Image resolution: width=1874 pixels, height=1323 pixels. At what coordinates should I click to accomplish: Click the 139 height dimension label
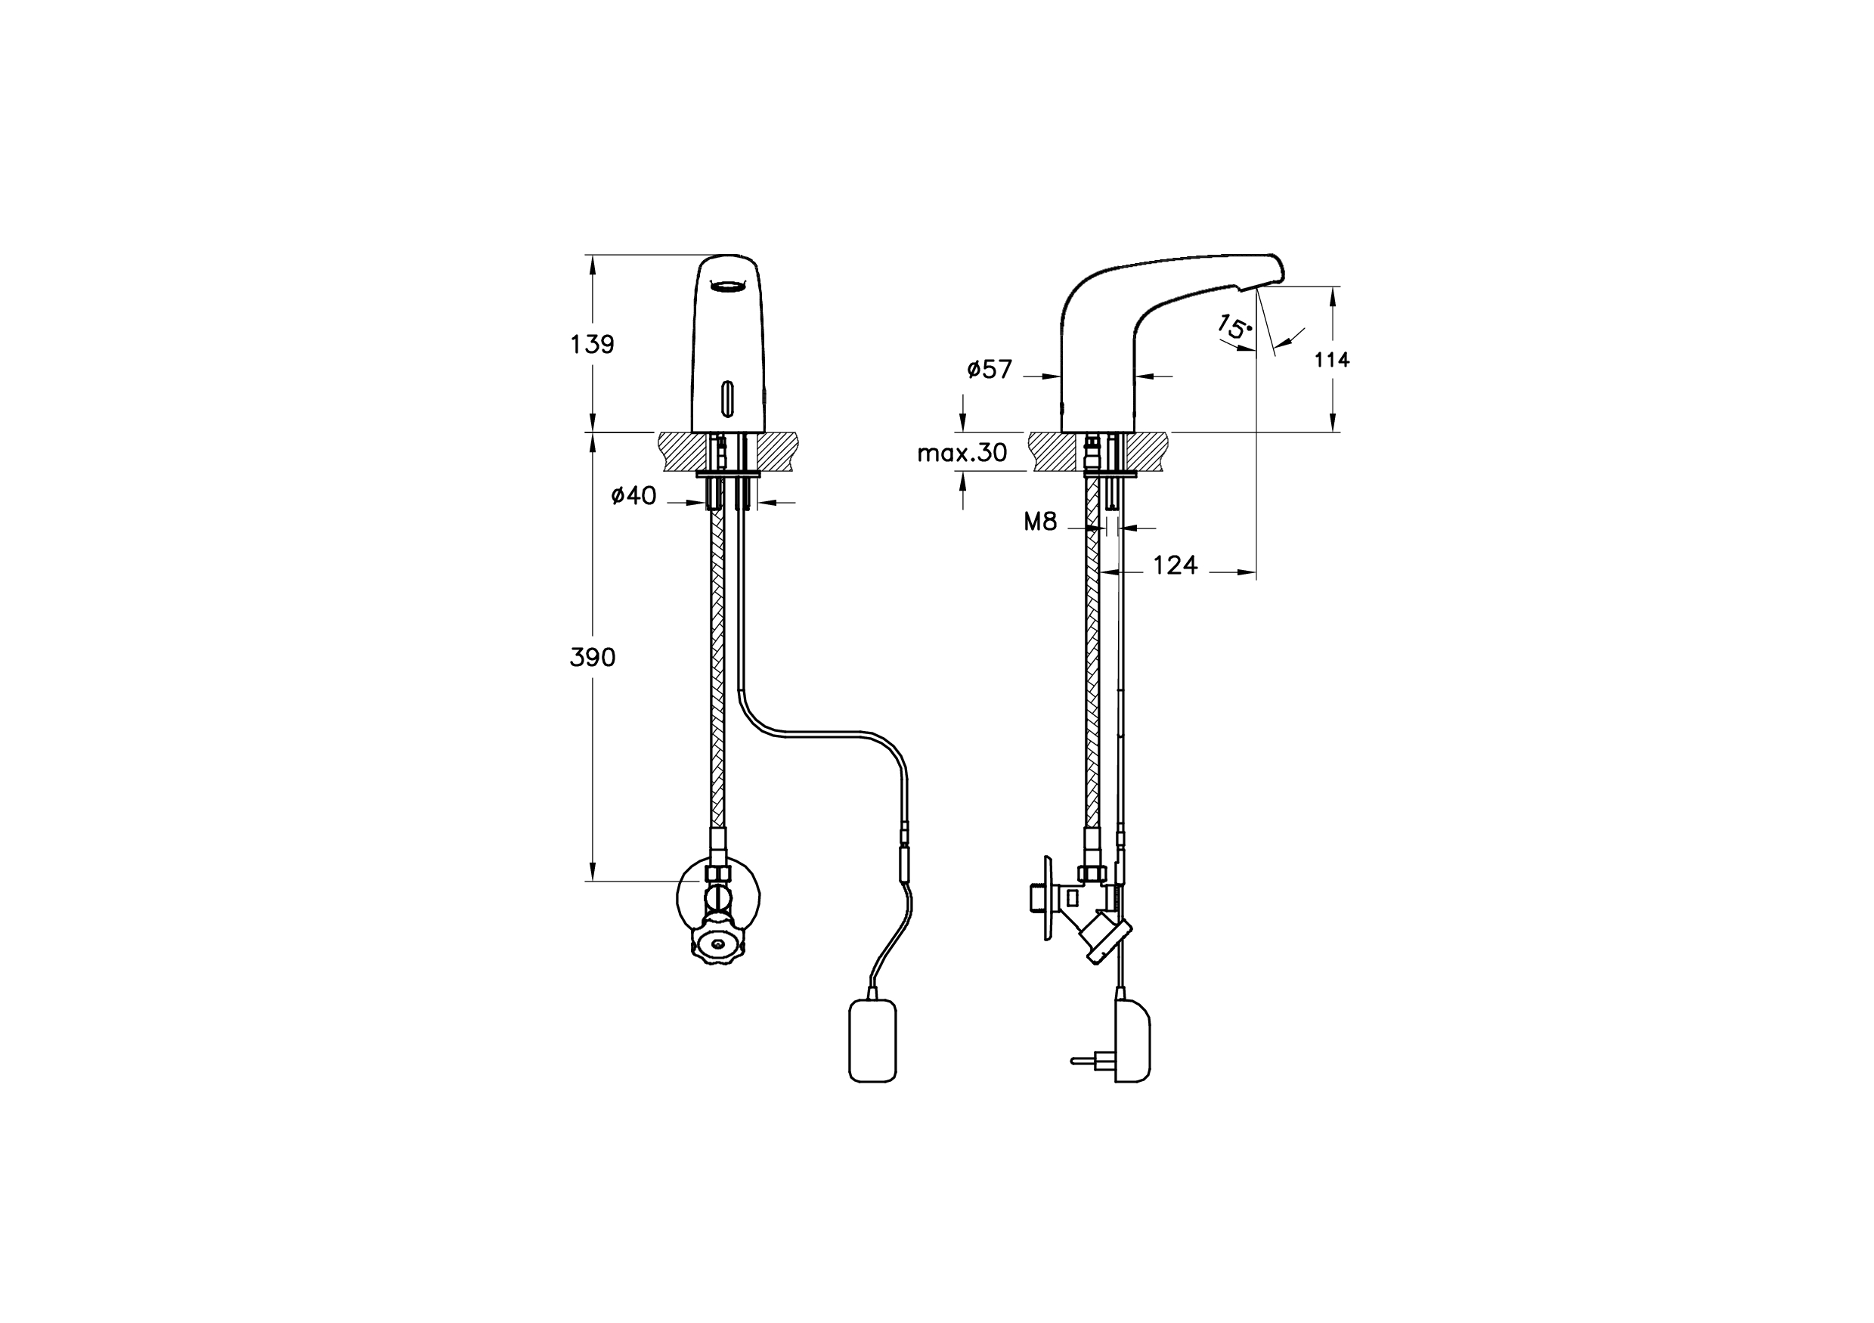(x=592, y=345)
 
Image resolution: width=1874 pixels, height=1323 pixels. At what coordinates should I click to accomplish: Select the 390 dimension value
(x=592, y=657)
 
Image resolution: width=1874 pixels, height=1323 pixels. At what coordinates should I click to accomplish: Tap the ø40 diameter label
(x=633, y=495)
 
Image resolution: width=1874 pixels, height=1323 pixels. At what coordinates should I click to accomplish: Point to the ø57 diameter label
(x=990, y=370)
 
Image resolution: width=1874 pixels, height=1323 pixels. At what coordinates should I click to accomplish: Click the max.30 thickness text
(x=962, y=453)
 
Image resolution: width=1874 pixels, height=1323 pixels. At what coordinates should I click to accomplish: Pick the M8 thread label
(x=1040, y=522)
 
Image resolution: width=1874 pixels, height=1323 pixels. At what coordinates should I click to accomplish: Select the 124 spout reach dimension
(x=1175, y=565)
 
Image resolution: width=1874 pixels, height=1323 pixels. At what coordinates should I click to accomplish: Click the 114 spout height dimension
(x=1331, y=359)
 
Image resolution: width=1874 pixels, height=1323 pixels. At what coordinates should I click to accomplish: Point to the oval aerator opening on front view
(x=728, y=285)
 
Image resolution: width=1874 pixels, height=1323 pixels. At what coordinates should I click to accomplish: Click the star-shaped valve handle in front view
(x=718, y=947)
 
